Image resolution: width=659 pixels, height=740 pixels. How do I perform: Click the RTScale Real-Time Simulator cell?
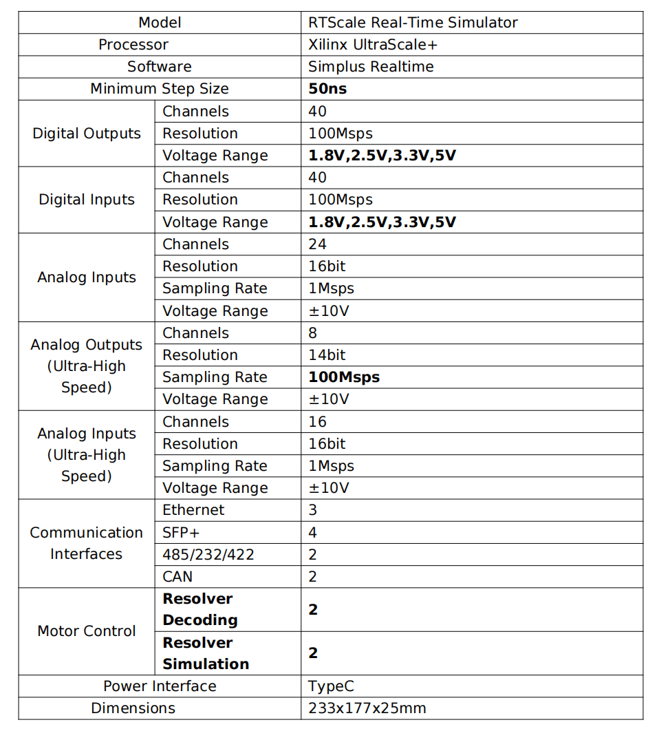[x=413, y=22]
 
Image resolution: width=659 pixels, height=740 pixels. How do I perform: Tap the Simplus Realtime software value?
[x=371, y=67]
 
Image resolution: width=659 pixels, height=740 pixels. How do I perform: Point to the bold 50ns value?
[x=327, y=89]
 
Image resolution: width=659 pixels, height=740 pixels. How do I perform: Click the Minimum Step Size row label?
[x=160, y=89]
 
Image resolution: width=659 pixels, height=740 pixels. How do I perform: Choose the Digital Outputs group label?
[x=87, y=134]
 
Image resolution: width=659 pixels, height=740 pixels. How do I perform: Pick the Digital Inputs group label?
[x=87, y=200]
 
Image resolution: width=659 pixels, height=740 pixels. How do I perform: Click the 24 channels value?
[x=317, y=244]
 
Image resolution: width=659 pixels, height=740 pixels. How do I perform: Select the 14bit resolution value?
[x=327, y=355]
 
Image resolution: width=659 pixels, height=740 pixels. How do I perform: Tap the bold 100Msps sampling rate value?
[x=344, y=377]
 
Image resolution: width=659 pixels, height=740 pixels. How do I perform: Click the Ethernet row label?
[x=193, y=510]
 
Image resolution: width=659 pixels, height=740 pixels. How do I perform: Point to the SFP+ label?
[x=181, y=532]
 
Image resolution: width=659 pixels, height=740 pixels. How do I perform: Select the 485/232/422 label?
[x=208, y=554]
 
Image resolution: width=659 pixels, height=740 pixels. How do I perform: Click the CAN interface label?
[x=177, y=576]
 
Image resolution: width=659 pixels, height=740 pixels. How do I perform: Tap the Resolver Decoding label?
[x=199, y=609]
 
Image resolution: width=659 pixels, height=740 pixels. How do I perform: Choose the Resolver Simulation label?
[x=205, y=653]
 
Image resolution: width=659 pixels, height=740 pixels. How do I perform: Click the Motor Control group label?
[x=87, y=631]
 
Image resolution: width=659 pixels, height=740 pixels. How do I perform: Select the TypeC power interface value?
[x=331, y=686]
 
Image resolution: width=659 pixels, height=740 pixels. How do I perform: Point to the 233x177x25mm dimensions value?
[x=367, y=708]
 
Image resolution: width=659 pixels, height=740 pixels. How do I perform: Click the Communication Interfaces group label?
[x=87, y=543]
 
